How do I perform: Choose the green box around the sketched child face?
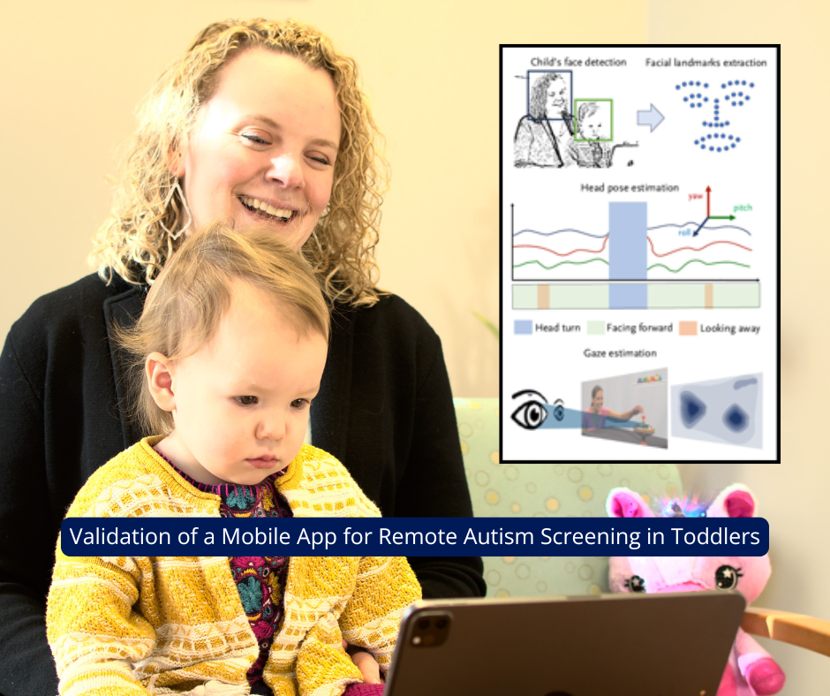[592, 120]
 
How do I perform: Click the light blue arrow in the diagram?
[650, 117]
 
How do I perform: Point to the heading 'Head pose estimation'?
[630, 188]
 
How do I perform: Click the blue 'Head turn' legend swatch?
[523, 328]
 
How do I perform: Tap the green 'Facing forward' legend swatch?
[594, 328]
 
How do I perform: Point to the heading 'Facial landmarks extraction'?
[705, 63]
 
